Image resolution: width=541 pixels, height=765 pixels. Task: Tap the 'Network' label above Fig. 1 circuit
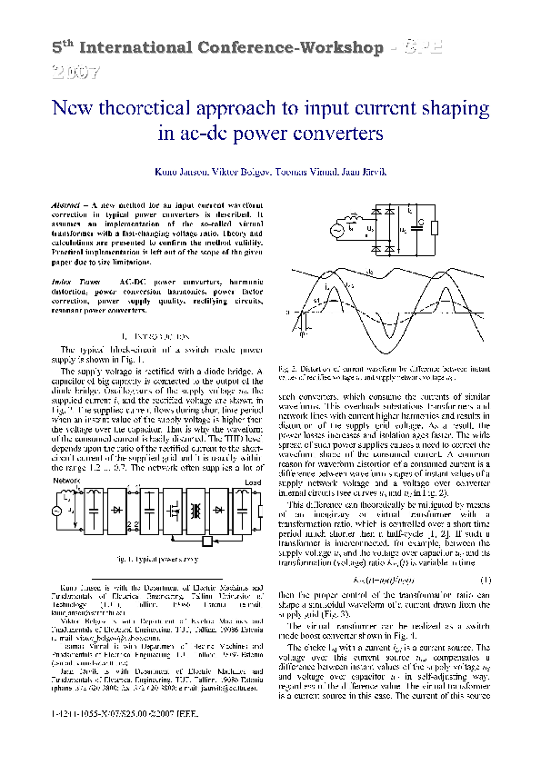point(66,481)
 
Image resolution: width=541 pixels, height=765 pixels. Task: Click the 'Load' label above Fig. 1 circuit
point(253,482)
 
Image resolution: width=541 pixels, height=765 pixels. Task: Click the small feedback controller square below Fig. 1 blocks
point(206,542)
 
